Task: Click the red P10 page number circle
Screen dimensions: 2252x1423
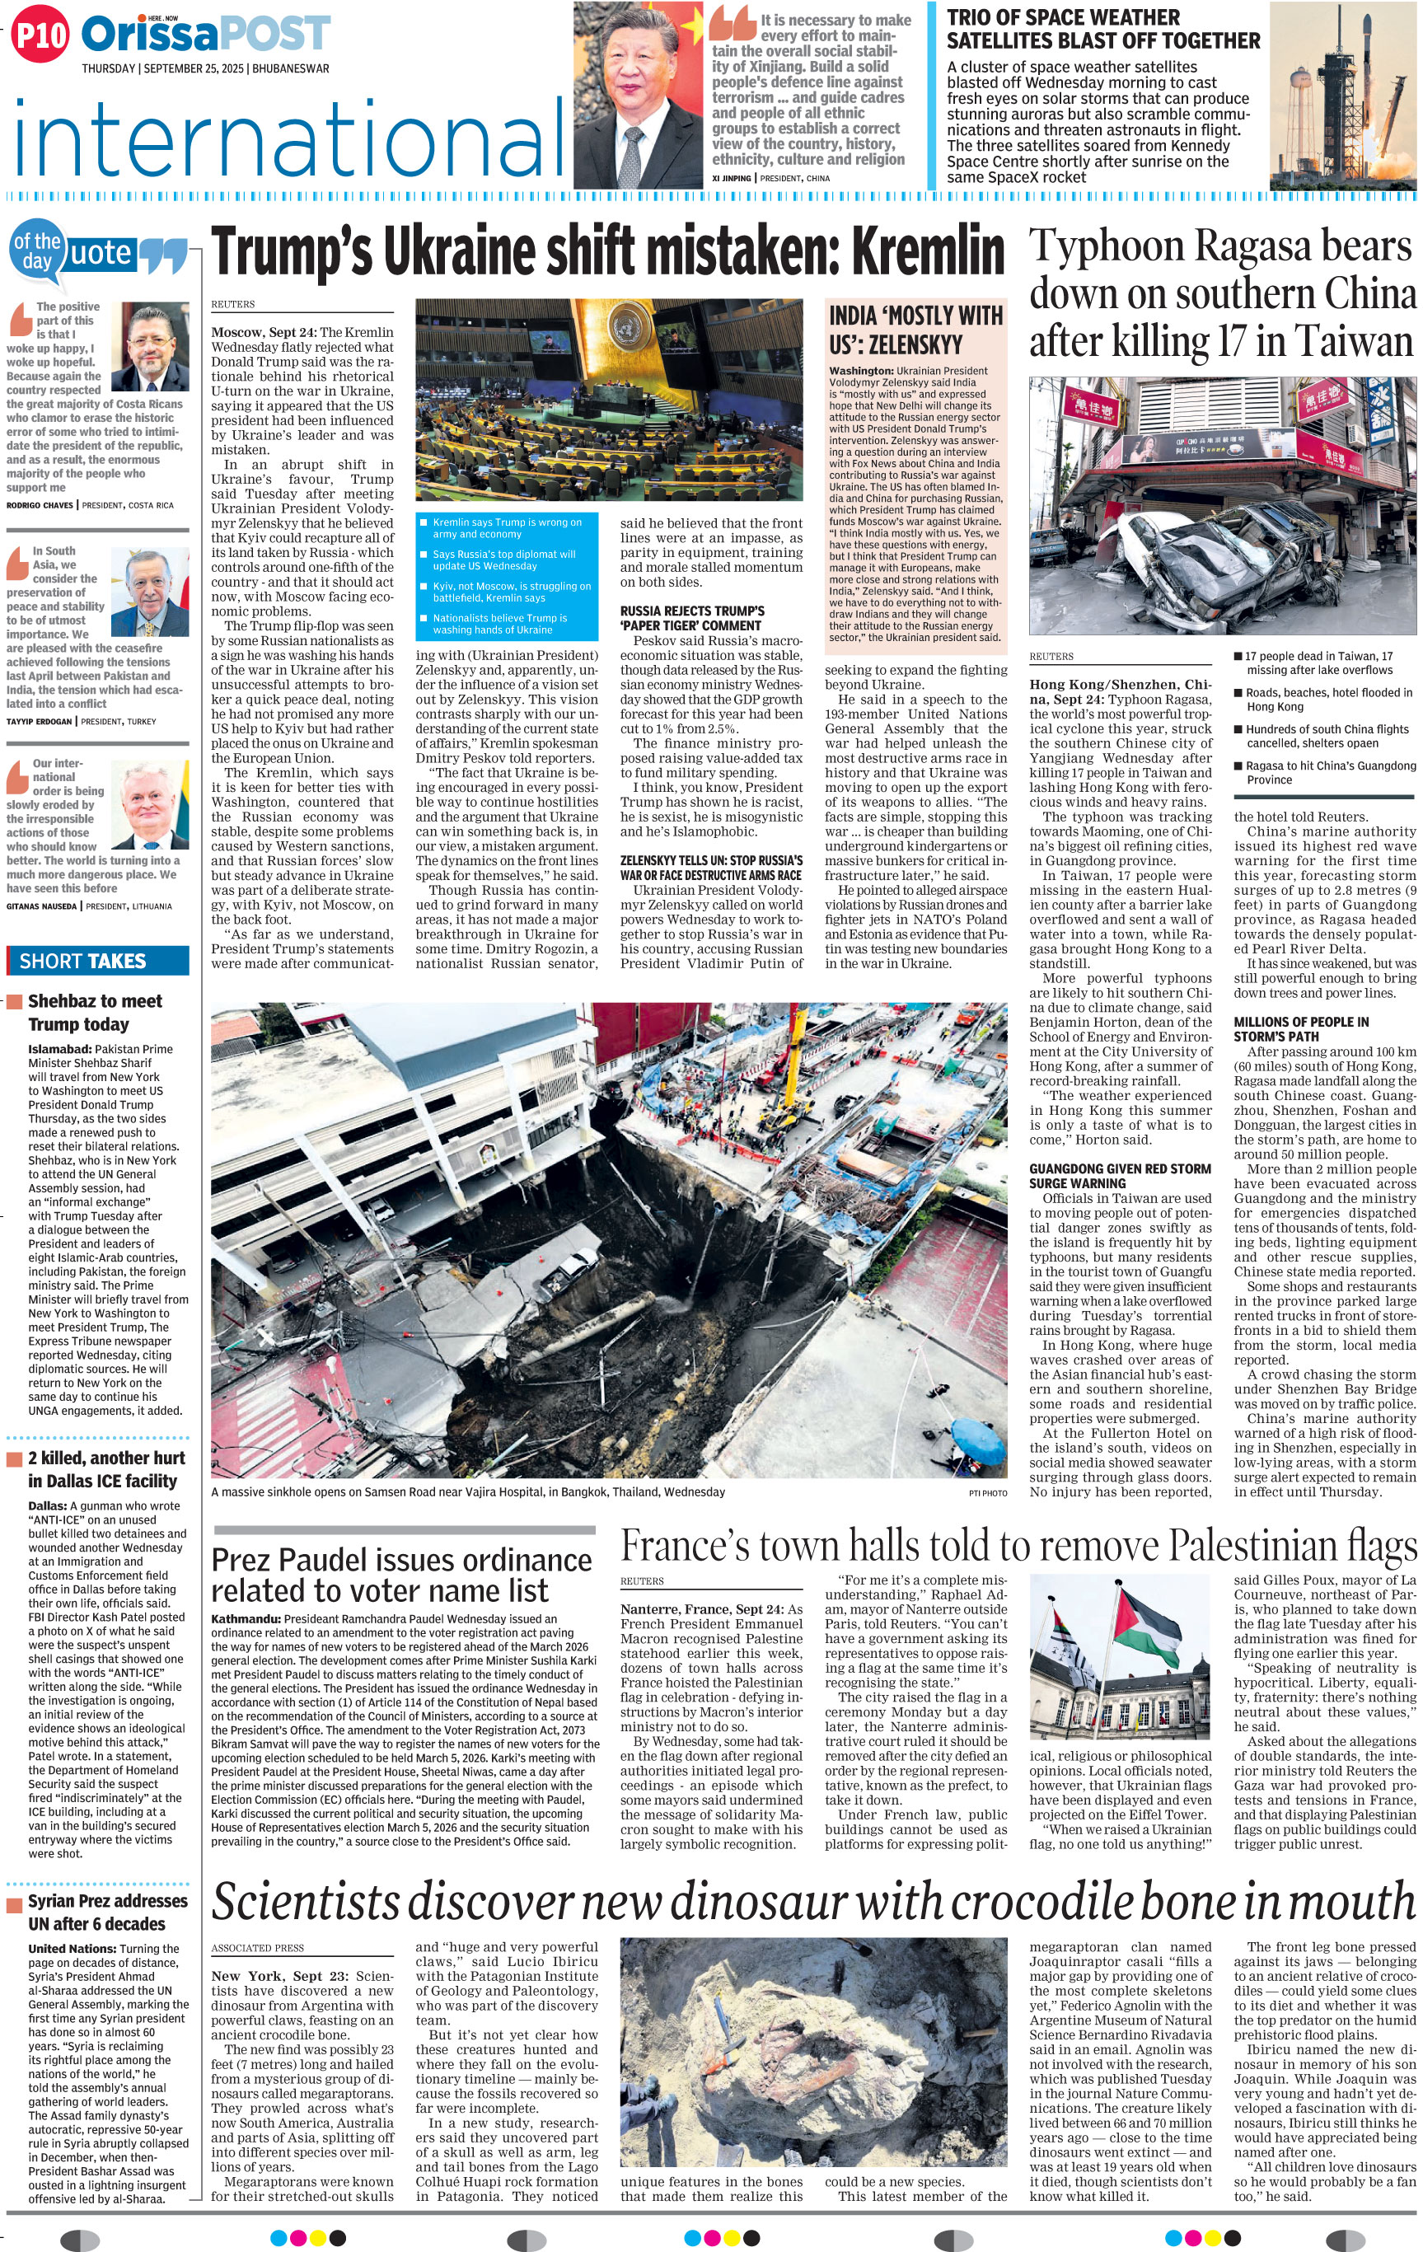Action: click(40, 35)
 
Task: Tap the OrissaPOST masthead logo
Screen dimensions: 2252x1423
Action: click(206, 35)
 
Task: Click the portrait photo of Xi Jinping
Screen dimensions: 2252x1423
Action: click(638, 96)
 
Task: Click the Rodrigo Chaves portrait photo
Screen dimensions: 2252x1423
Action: click(150, 348)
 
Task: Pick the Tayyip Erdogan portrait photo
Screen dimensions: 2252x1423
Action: click(150, 592)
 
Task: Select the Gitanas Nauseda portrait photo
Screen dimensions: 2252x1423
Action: click(150, 804)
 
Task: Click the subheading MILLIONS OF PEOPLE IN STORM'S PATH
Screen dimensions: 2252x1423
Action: click(1300, 1028)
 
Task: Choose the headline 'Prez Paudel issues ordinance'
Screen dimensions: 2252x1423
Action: click(401, 1560)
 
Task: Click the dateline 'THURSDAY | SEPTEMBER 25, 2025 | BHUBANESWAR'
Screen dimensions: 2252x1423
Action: click(204, 69)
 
